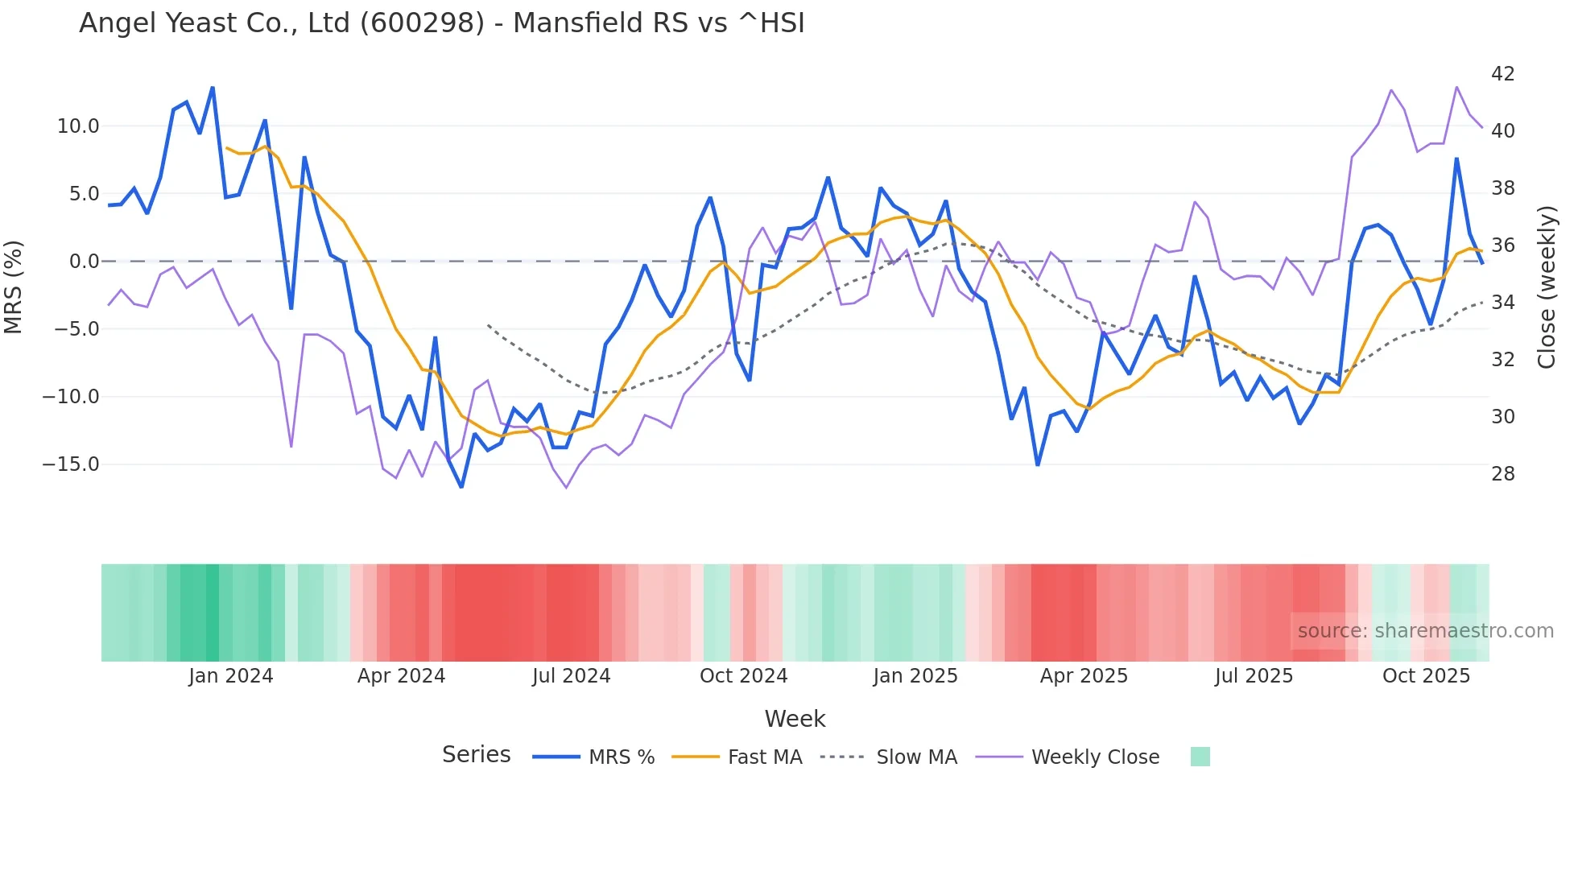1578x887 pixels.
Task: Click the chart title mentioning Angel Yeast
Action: [x=441, y=23]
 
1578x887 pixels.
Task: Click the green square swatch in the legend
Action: [x=1200, y=757]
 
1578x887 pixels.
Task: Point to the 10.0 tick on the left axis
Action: [x=78, y=126]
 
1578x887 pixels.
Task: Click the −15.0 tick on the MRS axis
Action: [x=71, y=464]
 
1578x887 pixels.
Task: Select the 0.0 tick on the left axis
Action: [x=84, y=262]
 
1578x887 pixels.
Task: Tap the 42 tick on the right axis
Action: [x=1502, y=74]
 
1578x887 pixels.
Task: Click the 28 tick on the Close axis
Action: [x=1502, y=474]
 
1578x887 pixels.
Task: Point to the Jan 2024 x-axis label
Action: [x=231, y=676]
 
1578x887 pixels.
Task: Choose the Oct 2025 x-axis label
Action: [x=1426, y=676]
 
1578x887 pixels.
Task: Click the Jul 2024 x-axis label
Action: [x=571, y=676]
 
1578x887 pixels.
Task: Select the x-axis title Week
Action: [x=795, y=719]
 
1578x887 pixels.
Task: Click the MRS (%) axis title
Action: [x=14, y=287]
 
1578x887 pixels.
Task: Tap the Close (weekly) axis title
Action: [x=1546, y=287]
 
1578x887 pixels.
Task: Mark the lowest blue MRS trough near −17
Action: [x=461, y=486]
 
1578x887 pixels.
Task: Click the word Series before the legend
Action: [x=476, y=755]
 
